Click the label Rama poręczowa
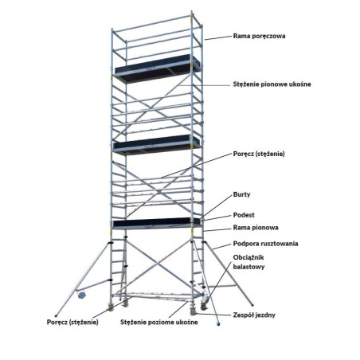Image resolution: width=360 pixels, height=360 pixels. (x=259, y=36)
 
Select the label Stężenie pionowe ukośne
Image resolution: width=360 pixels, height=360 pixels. (x=272, y=84)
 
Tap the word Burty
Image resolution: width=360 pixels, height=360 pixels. (x=241, y=194)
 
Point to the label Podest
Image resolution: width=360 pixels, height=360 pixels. (x=244, y=215)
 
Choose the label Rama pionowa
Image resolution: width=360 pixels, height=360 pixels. (x=256, y=228)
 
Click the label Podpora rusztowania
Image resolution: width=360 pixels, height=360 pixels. (x=265, y=244)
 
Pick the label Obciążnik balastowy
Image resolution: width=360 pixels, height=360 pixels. (x=248, y=262)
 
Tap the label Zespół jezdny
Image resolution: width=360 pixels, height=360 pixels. (x=254, y=315)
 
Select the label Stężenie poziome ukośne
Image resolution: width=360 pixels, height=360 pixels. (x=159, y=323)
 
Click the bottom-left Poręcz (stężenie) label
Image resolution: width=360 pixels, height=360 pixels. (x=72, y=323)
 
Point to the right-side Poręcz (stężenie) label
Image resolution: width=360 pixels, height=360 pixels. (x=259, y=154)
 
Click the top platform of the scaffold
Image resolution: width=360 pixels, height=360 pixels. (x=157, y=68)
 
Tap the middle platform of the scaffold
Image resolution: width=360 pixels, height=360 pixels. (x=156, y=145)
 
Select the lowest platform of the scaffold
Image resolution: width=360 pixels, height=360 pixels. (x=156, y=223)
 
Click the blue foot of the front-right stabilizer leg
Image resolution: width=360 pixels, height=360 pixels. (x=218, y=324)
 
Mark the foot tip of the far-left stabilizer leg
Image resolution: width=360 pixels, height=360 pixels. (x=56, y=316)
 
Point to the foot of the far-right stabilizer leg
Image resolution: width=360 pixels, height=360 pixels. (x=252, y=305)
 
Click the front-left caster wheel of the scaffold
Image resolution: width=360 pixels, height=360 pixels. (x=110, y=308)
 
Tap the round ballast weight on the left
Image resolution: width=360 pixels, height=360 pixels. (x=82, y=295)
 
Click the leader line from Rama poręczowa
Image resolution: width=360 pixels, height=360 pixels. (x=218, y=38)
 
